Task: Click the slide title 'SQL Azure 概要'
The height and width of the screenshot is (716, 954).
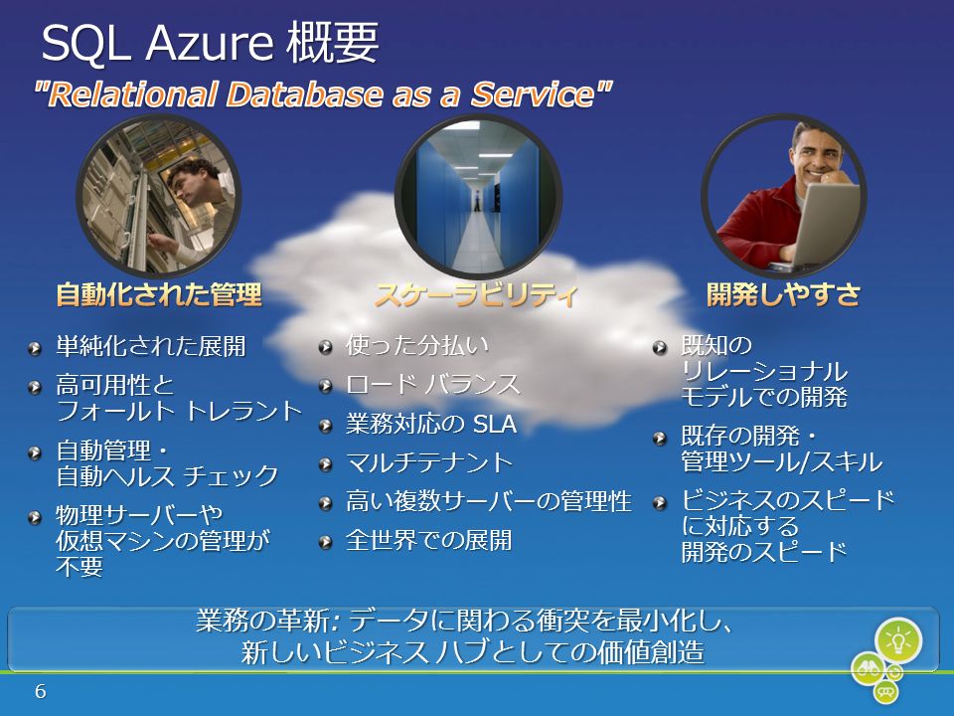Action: (210, 43)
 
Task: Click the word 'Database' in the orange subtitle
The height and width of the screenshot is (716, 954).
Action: (305, 94)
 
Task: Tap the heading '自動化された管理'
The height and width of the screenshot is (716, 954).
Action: (159, 294)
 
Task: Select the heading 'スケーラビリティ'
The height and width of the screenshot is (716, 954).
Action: (476, 294)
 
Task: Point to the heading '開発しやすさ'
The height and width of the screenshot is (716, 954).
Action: (784, 294)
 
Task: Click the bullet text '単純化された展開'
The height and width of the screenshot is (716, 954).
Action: (151, 346)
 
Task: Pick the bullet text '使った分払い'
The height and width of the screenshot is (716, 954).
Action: (417, 345)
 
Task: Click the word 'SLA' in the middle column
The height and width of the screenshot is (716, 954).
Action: (495, 424)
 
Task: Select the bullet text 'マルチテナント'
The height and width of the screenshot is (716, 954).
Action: (429, 462)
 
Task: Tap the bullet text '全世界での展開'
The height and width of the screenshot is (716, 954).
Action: (429, 540)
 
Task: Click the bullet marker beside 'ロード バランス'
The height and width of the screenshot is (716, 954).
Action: (326, 386)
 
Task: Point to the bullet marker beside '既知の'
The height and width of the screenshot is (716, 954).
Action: (660, 348)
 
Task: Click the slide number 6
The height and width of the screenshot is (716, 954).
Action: (40, 691)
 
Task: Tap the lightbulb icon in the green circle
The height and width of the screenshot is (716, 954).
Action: (898, 640)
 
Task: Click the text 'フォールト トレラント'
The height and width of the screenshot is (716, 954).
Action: (180, 411)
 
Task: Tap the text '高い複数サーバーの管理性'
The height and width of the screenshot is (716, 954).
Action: (489, 501)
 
